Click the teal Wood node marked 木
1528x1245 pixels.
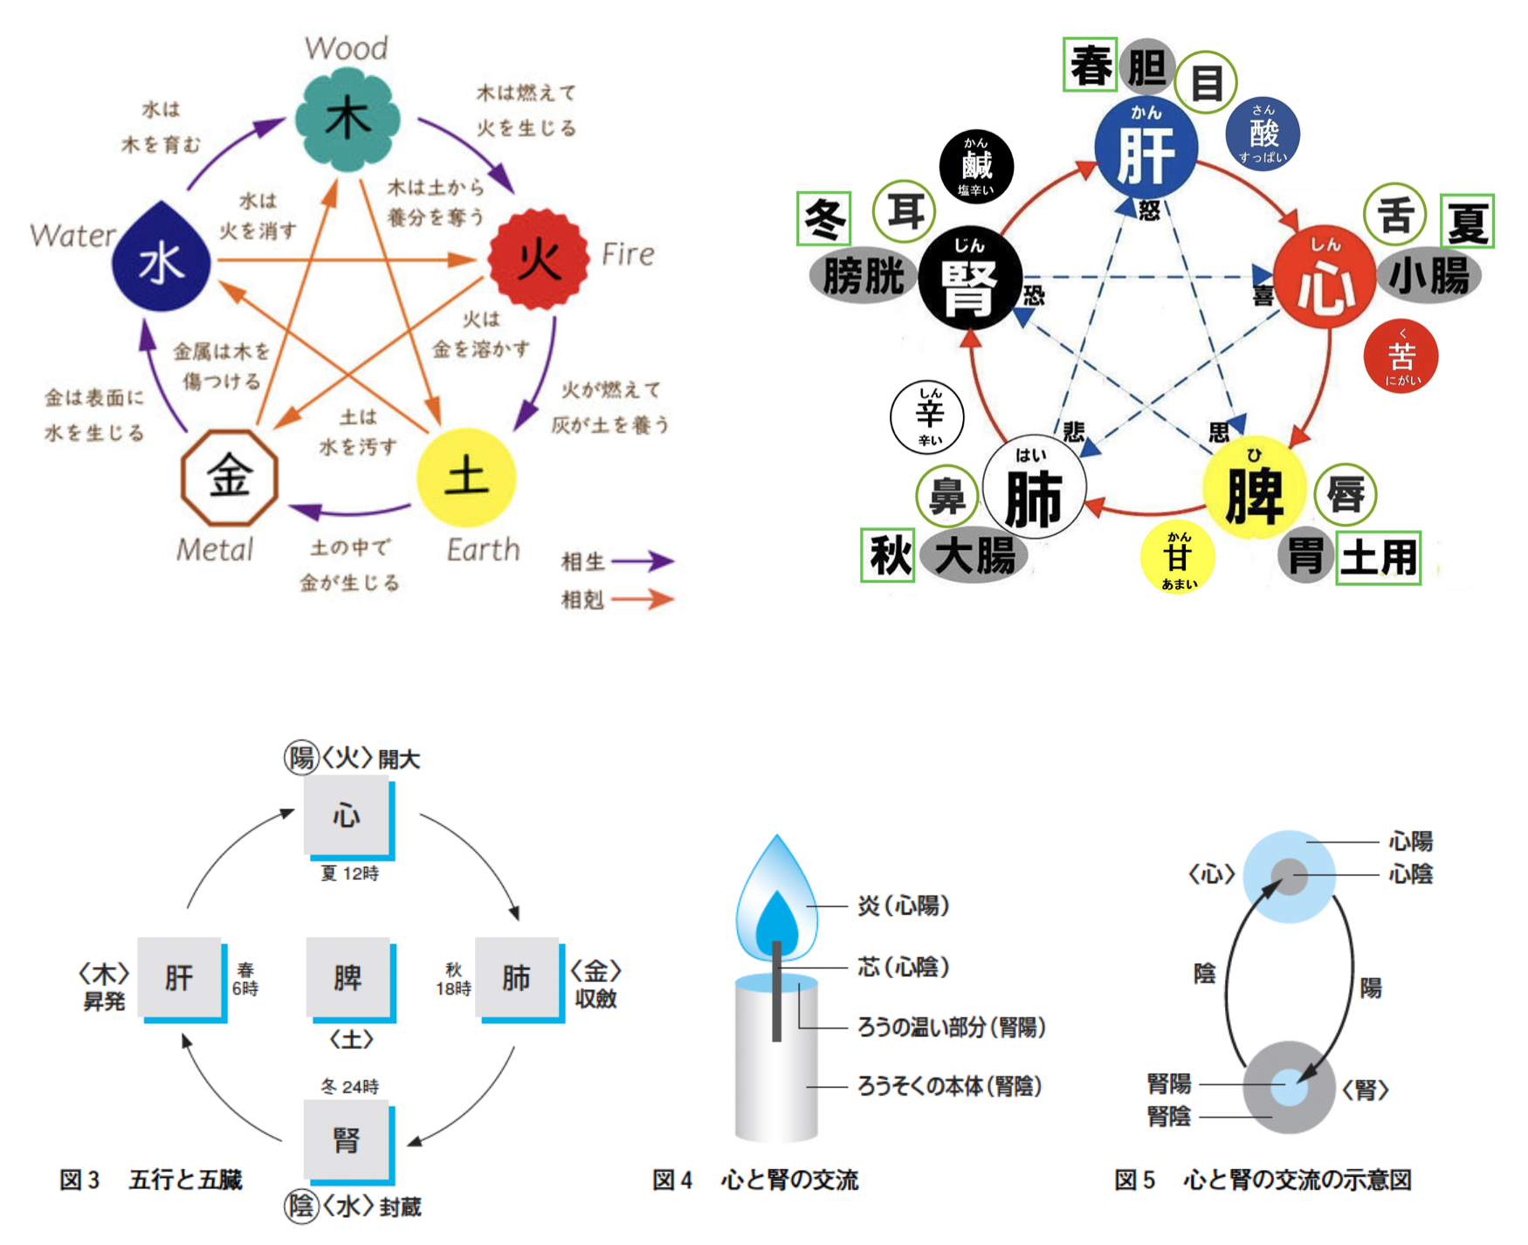[348, 120]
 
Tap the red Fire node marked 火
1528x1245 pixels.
[538, 259]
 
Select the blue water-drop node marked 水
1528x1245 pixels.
[162, 260]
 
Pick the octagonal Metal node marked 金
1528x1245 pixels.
[230, 478]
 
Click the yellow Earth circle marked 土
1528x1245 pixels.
[466, 478]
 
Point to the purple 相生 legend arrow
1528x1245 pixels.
[643, 561]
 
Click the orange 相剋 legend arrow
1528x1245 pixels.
[643, 599]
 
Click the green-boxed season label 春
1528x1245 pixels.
[1090, 65]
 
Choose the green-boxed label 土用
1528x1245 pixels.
[1378, 557]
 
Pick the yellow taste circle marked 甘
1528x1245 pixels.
[1178, 556]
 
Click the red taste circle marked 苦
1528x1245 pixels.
[1401, 356]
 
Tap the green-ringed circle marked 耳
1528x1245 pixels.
[905, 211]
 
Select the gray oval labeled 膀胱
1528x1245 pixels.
[863, 277]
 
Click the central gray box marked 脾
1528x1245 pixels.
[348, 977]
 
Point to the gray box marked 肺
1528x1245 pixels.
[516, 977]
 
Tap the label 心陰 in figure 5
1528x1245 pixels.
[1410, 874]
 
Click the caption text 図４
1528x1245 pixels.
[672, 1180]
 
